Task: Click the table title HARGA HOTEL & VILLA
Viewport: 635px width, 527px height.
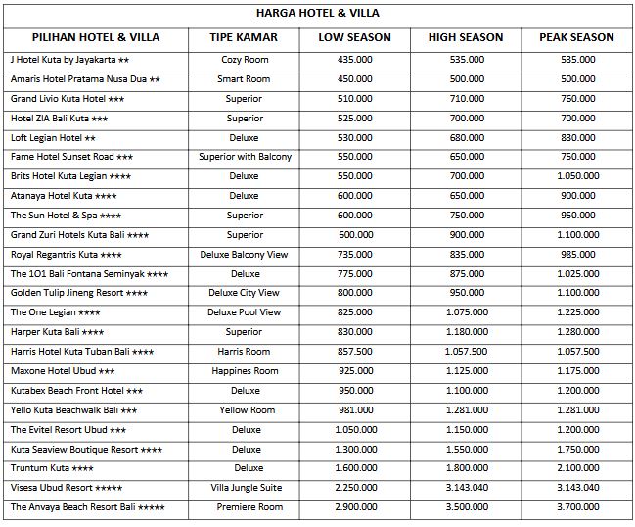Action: pos(317,14)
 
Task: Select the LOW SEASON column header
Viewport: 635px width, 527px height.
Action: pos(354,37)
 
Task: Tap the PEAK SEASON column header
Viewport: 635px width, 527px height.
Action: pos(576,37)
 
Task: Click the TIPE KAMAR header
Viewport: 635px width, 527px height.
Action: pos(244,37)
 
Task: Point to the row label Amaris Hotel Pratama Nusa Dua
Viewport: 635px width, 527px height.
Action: pos(85,79)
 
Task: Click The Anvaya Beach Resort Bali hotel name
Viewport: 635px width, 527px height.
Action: pos(88,506)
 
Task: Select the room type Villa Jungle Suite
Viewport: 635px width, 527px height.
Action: pos(245,487)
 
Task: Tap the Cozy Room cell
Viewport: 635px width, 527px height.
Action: pos(245,60)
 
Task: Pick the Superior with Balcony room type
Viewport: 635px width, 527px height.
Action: pos(245,157)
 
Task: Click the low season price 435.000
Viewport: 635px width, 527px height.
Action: pos(354,60)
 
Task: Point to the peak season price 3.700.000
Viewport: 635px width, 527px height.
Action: pos(576,506)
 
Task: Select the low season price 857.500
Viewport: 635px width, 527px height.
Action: pos(354,351)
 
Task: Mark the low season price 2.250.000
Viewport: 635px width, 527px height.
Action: pos(354,487)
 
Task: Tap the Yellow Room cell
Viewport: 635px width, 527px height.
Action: pos(245,409)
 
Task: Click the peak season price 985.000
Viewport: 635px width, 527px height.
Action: pos(576,254)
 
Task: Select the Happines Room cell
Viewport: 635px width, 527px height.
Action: pos(245,370)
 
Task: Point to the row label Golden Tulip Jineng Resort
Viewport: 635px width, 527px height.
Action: pos(79,293)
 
